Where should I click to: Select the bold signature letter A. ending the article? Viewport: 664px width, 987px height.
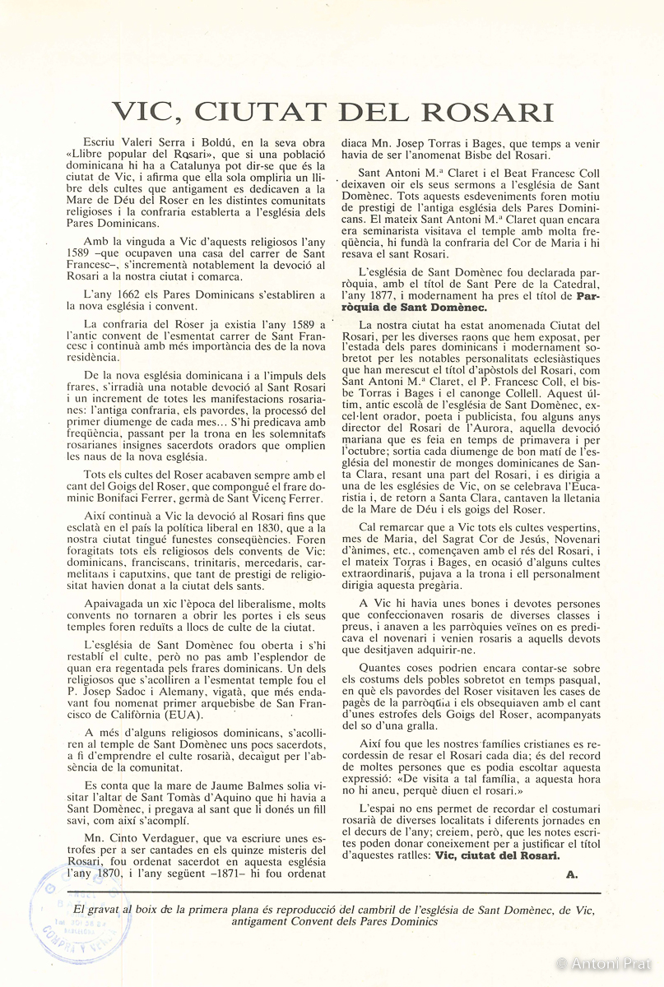(x=572, y=874)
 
